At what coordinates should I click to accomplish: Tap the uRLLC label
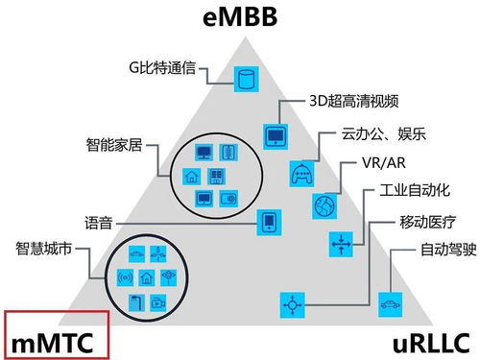pyautogui.click(x=420, y=340)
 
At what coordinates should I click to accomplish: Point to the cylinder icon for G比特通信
pyautogui.click(x=249, y=79)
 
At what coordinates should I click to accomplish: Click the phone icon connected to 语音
pyautogui.click(x=269, y=224)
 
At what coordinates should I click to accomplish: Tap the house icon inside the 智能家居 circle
pyautogui.click(x=190, y=176)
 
